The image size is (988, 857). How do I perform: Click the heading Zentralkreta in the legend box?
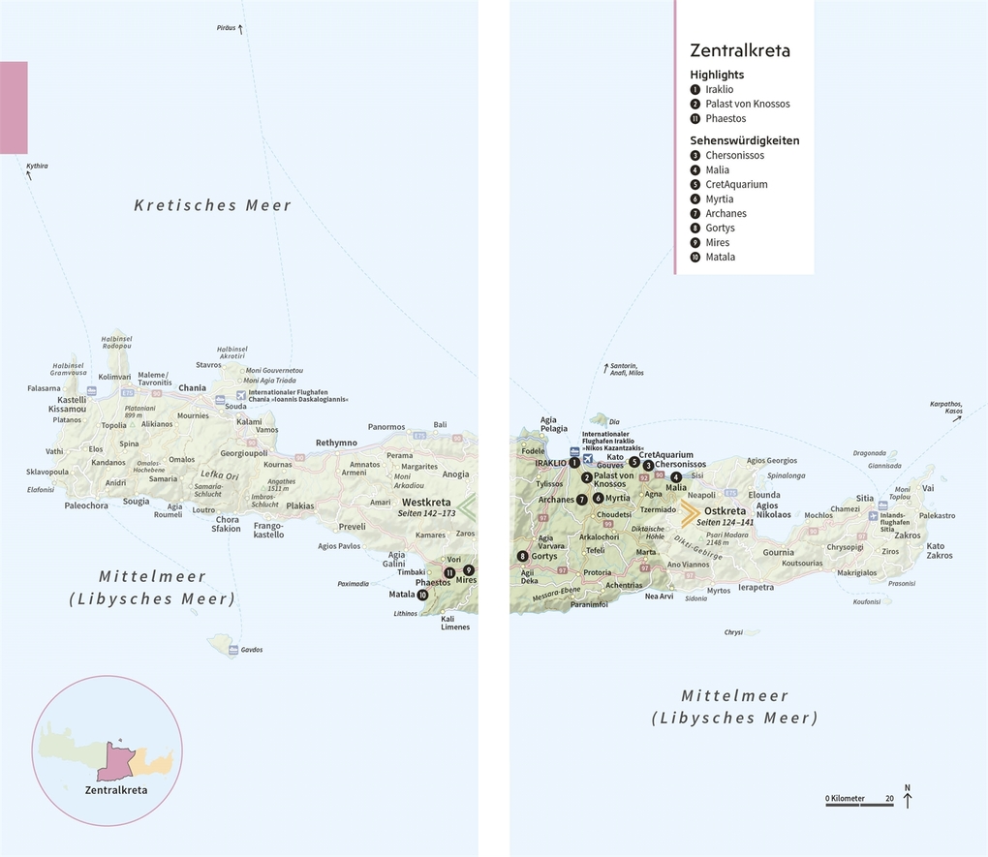(739, 50)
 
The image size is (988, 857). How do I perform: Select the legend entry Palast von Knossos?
(747, 104)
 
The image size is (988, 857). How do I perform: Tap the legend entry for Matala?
(720, 257)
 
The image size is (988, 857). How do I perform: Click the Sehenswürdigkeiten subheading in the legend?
(744, 139)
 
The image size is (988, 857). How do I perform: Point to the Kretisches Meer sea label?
(212, 205)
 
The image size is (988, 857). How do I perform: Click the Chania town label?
(193, 388)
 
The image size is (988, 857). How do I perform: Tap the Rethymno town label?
(336, 443)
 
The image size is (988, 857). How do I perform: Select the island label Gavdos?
(252, 649)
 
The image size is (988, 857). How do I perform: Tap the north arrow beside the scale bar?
(908, 797)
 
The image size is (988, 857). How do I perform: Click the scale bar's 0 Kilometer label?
(845, 799)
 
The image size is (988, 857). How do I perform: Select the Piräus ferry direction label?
(226, 28)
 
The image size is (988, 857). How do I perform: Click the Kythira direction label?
(37, 166)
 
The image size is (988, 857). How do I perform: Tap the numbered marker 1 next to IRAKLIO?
(574, 463)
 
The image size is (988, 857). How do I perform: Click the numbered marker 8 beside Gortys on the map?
(523, 556)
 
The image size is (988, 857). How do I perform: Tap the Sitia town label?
(864, 499)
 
